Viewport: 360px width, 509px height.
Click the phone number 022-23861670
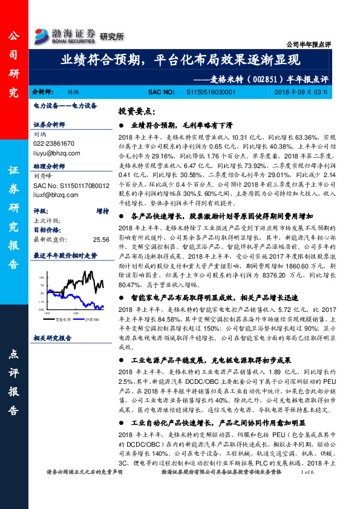[54, 143]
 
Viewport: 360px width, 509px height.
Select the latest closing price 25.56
[100, 239]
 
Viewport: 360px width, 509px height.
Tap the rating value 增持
[103, 211]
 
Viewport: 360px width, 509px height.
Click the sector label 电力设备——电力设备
[65, 105]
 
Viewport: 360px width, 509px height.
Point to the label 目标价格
[47, 230]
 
